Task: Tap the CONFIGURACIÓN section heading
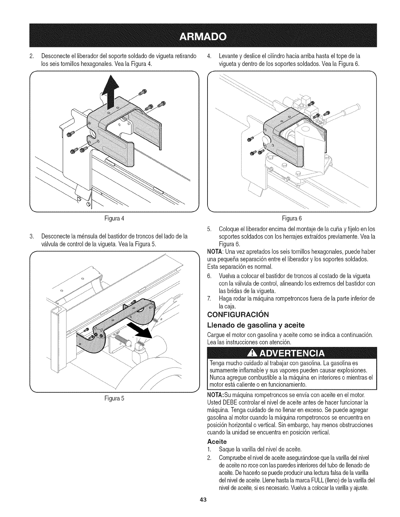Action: point(238,315)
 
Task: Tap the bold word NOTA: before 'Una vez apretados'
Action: point(214,252)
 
